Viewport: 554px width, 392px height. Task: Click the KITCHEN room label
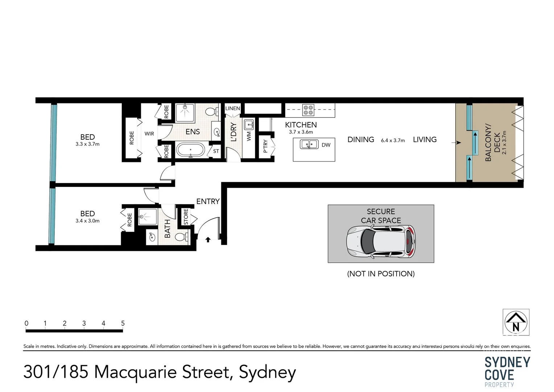[x=301, y=125]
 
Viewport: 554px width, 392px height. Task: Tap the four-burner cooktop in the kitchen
[x=308, y=110]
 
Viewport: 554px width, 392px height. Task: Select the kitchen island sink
[x=309, y=144]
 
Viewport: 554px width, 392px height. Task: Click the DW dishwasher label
[x=326, y=145]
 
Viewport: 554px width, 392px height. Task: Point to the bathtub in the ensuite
[x=190, y=150]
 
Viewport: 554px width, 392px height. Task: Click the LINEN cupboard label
[x=233, y=108]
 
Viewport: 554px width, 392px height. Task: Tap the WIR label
[x=149, y=134]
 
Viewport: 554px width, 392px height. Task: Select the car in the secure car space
[x=381, y=242]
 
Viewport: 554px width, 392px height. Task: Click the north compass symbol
[x=516, y=322]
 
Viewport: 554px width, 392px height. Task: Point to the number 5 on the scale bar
[x=123, y=323]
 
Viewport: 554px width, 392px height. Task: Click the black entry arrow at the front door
[x=208, y=240]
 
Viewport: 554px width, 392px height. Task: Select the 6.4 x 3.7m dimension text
[x=393, y=140]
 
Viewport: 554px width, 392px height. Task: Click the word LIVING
[x=424, y=140]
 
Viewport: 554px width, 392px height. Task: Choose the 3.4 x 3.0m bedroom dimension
[x=87, y=221]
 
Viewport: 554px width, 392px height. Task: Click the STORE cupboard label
[x=186, y=217]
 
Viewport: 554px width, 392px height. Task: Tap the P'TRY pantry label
[x=265, y=146]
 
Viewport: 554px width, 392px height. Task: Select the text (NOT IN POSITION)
[x=381, y=274]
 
